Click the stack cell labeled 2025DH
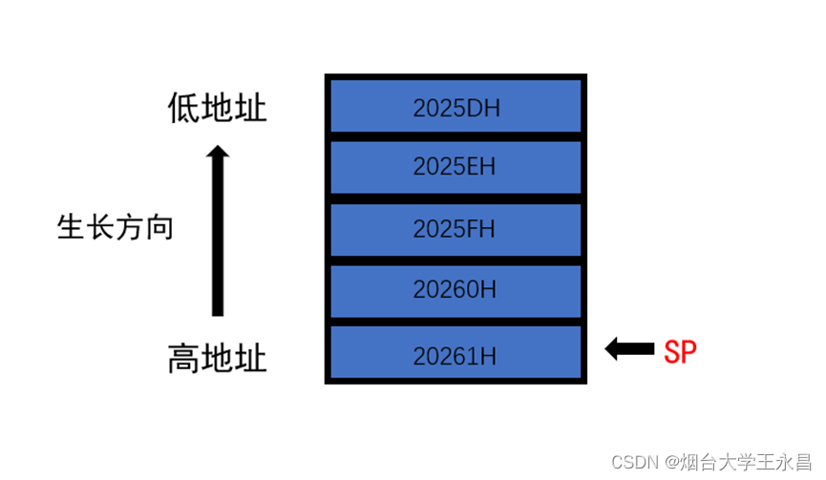click(x=455, y=106)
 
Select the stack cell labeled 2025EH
click(x=455, y=167)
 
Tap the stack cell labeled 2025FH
click(x=455, y=229)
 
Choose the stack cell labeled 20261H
click(x=455, y=354)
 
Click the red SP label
click(x=680, y=351)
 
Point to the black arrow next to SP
click(x=628, y=349)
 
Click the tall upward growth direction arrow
click(x=218, y=234)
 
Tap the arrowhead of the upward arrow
click(x=218, y=153)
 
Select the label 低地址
click(x=217, y=108)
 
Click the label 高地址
click(x=217, y=360)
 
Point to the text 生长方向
click(x=116, y=228)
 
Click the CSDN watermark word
click(x=631, y=462)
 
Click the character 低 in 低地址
click(x=184, y=108)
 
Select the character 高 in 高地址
click(x=184, y=360)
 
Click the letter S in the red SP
click(x=672, y=351)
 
